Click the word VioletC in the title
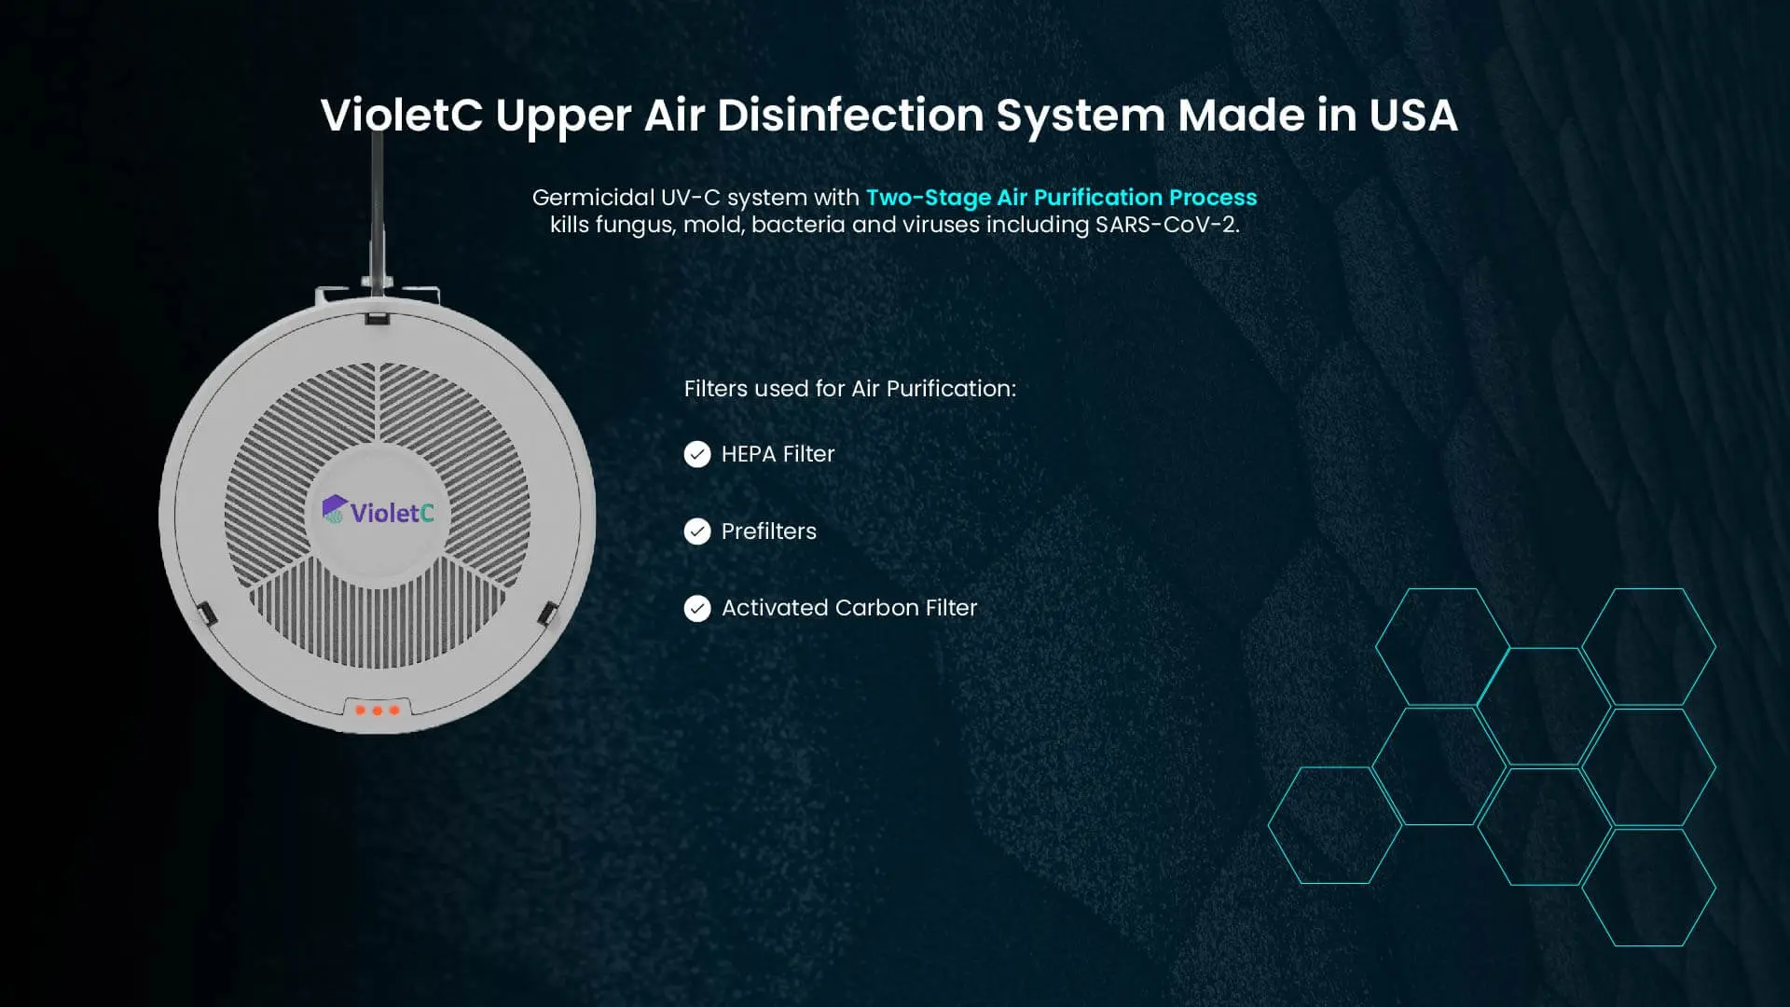click(402, 116)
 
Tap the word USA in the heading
click(1412, 116)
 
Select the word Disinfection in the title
click(850, 116)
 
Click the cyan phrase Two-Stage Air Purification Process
click(1061, 198)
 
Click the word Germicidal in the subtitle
click(593, 198)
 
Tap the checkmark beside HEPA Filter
click(697, 454)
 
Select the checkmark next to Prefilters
click(697, 531)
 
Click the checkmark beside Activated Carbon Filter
click(697, 609)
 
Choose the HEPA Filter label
click(778, 454)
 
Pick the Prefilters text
click(768, 531)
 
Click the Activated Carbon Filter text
click(849, 608)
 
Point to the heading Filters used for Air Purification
click(850, 389)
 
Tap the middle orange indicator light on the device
click(378, 710)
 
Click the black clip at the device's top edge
click(378, 318)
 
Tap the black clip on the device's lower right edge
click(548, 614)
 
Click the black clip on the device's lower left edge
click(206, 614)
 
